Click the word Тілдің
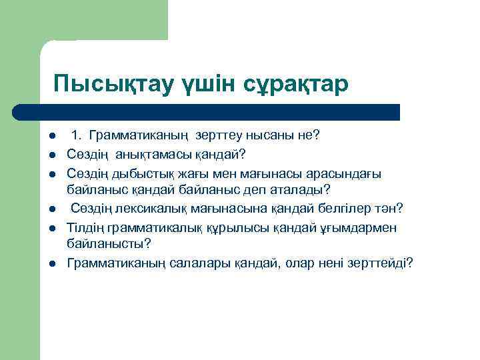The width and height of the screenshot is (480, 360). pos(85,228)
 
